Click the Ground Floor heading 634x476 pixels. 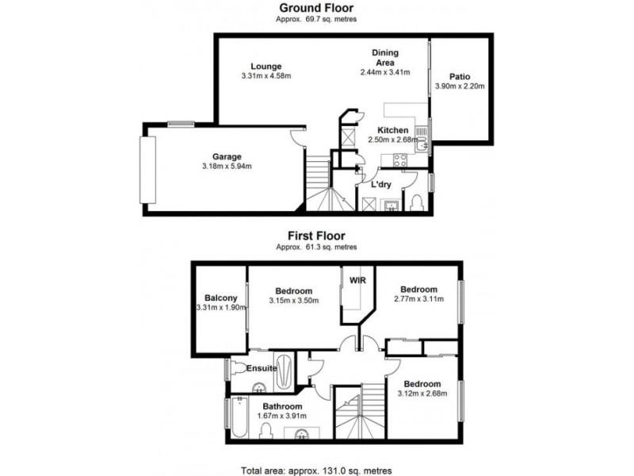tap(317, 9)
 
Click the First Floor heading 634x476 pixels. tap(317, 235)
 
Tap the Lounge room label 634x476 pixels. tap(266, 66)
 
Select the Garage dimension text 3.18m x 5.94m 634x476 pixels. tap(227, 167)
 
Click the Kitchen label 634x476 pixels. tap(393, 130)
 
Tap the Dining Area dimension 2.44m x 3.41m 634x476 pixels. tap(386, 71)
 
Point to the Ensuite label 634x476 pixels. tap(261, 368)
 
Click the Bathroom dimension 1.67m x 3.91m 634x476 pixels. tap(282, 415)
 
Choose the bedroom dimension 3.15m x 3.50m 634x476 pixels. tap(293, 301)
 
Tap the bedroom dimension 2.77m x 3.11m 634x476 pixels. tap(420, 299)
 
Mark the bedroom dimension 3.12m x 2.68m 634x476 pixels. tap(421, 394)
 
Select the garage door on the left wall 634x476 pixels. tap(147, 170)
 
